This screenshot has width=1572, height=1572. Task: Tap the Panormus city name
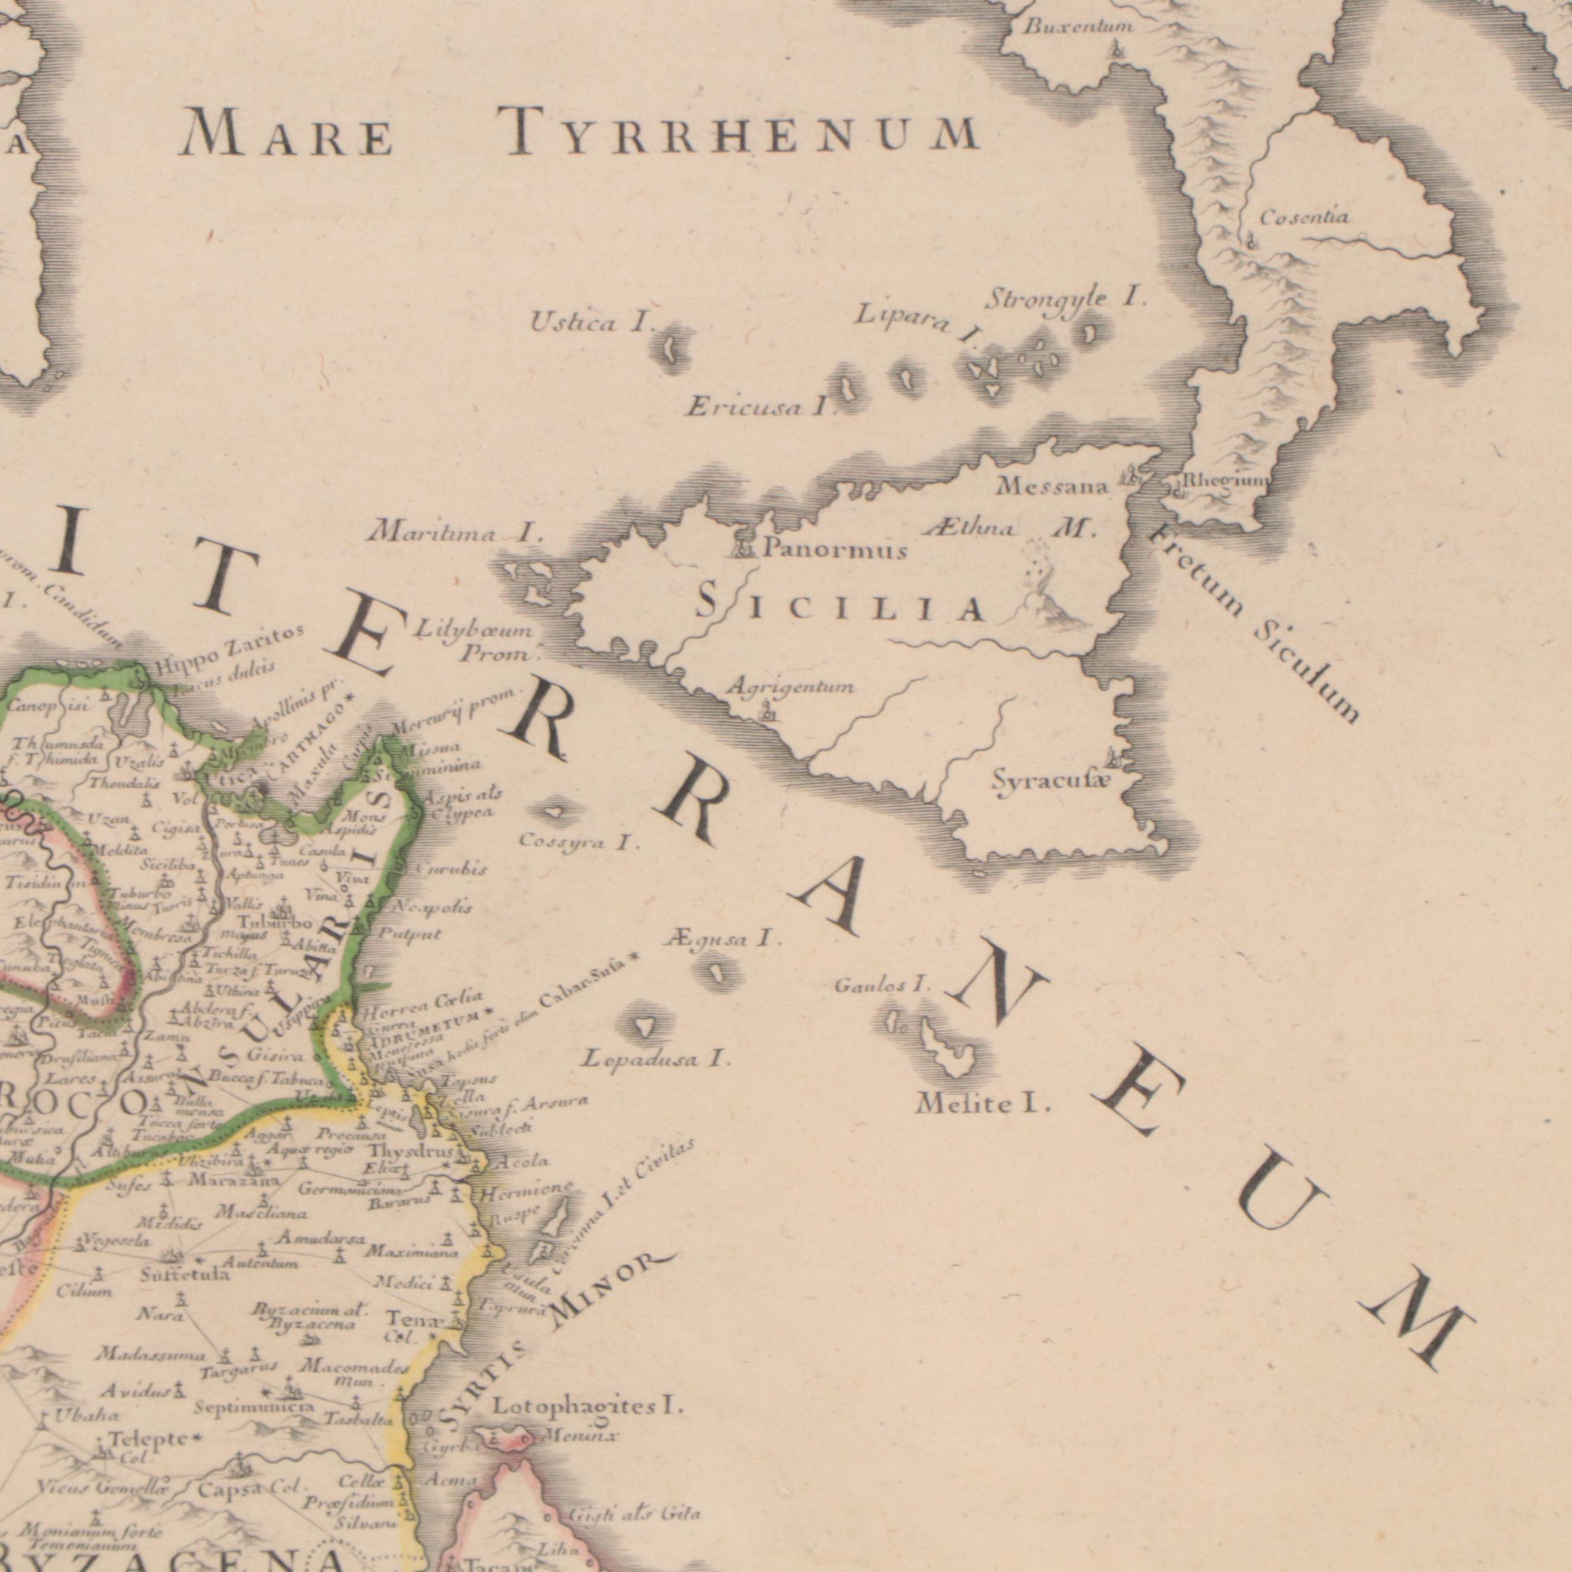834,552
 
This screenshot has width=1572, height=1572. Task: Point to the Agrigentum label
789,688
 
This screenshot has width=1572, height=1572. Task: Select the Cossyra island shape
554,811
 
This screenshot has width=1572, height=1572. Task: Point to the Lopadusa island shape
645,1027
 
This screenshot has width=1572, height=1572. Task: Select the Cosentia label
1304,218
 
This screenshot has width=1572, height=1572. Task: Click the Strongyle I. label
1067,300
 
